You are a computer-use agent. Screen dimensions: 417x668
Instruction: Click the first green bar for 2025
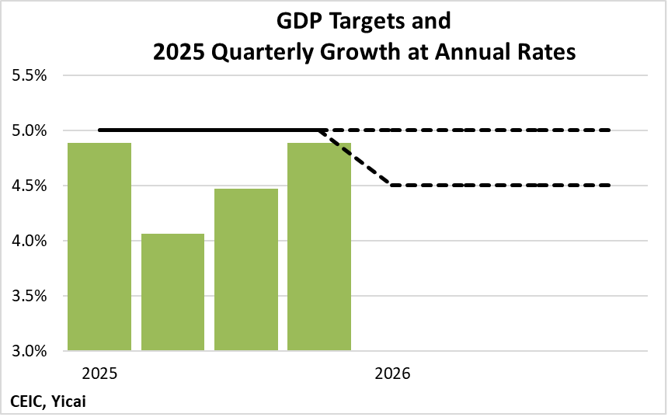[x=99, y=246]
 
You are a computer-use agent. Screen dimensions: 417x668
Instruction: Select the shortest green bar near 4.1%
[x=172, y=291]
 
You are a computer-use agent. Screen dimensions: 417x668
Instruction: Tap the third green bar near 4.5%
[x=246, y=269]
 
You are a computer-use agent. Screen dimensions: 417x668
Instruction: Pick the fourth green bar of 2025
[x=319, y=246]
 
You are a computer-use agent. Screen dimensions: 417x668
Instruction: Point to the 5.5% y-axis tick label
[x=30, y=76]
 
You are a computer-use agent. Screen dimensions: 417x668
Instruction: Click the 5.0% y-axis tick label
[x=30, y=130]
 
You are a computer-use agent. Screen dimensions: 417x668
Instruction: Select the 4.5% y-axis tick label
[x=30, y=186]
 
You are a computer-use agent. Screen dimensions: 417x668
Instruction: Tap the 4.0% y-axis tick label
[x=30, y=241]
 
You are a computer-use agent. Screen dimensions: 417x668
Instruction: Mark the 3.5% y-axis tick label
[x=30, y=296]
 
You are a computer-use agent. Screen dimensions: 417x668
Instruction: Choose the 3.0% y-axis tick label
[x=30, y=351]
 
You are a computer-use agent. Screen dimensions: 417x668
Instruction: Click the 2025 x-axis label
[x=99, y=374]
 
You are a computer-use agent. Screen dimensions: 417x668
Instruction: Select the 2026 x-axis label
[x=392, y=374]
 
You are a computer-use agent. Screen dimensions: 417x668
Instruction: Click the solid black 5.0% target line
[x=210, y=130]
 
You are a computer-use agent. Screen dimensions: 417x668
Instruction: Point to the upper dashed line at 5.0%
[x=482, y=130]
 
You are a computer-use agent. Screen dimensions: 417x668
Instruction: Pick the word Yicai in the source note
[x=75, y=401]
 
